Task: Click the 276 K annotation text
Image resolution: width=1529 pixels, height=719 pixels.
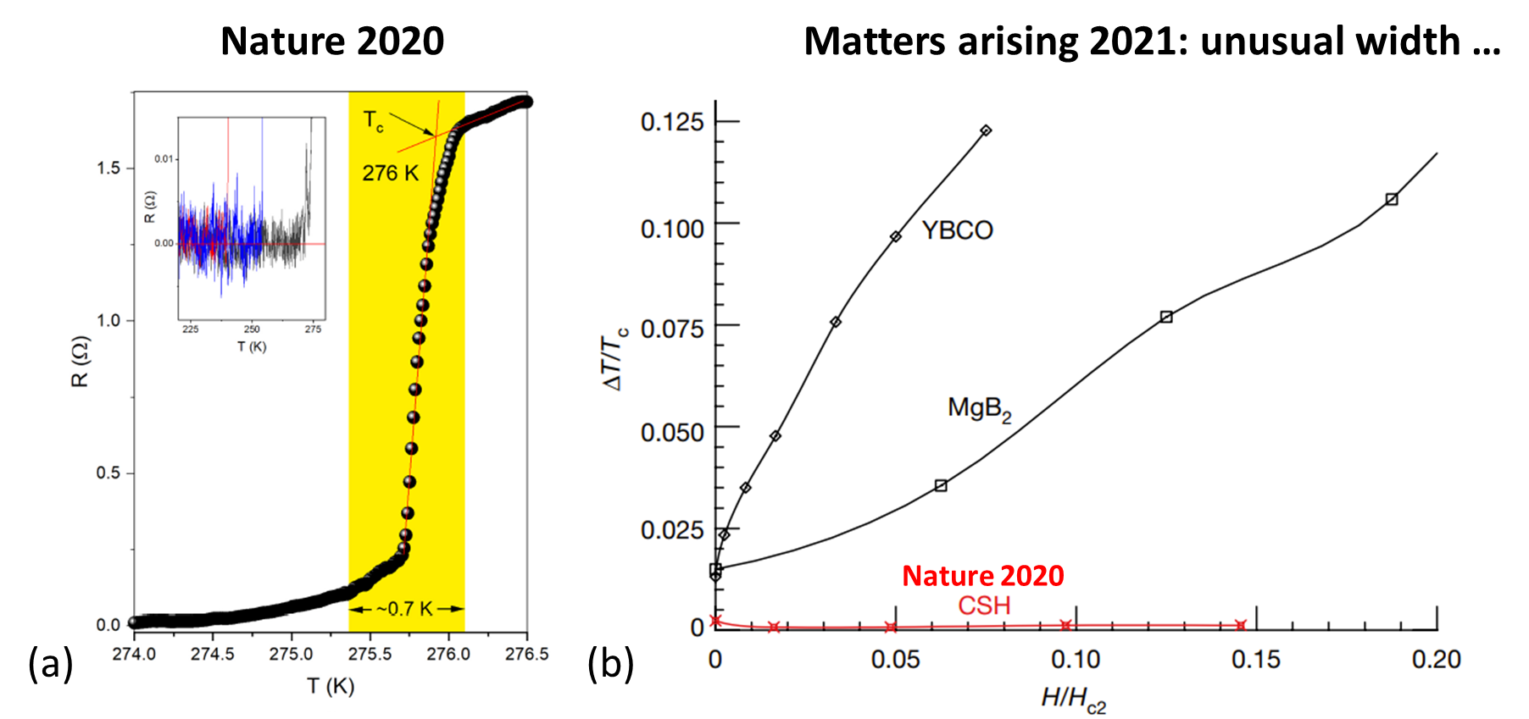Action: [391, 174]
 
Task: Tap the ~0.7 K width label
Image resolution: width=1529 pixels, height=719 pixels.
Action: [405, 609]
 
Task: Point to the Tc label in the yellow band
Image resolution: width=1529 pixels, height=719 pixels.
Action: [373, 121]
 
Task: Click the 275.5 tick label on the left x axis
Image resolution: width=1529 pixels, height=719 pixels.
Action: [370, 654]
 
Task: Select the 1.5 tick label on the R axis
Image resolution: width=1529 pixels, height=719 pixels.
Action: [108, 168]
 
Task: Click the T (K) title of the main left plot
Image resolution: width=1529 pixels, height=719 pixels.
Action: [331, 686]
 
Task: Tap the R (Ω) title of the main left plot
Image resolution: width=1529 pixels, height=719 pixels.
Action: [80, 362]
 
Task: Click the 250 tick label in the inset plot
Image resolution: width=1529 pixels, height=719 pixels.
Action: [252, 329]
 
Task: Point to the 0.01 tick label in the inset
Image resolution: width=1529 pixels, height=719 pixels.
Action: [164, 158]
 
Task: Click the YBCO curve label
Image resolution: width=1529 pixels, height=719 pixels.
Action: [957, 230]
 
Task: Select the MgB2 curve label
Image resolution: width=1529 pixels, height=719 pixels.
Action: [979, 409]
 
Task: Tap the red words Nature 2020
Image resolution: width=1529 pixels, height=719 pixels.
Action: [982, 576]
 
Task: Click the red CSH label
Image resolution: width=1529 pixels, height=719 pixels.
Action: [984, 606]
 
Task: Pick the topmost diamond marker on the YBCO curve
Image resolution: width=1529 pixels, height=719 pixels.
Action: [986, 130]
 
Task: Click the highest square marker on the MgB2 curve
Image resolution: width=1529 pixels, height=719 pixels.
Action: [1392, 199]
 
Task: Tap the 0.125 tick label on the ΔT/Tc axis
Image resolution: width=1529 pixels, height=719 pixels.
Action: [672, 122]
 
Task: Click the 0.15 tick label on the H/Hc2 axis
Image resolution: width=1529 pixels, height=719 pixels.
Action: [1255, 660]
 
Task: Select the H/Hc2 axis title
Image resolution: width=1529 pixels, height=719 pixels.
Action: [1073, 699]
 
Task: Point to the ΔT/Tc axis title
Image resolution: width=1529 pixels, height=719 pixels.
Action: [615, 358]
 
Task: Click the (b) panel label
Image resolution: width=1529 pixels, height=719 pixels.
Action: [610, 664]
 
